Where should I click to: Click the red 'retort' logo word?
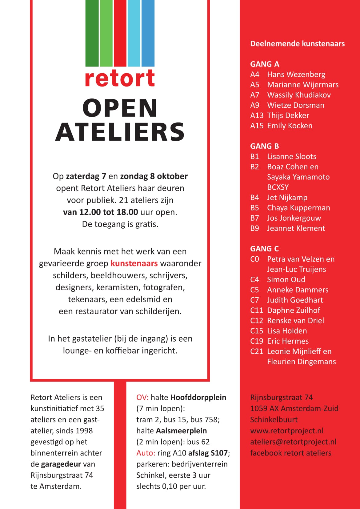[120, 78]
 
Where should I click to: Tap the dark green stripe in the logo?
[92, 33]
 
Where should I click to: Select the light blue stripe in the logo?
[134, 33]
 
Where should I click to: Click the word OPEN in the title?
[120, 108]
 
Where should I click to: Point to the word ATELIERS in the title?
[120, 132]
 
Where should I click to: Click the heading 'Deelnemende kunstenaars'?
[297, 44]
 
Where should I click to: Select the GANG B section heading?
[264, 146]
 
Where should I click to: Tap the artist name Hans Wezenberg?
[296, 74]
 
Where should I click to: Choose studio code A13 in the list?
[257, 115]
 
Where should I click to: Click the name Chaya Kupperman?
[298, 208]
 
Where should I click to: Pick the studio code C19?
[257, 341]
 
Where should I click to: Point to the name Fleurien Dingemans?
[301, 362]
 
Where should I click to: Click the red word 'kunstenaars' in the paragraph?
[134, 263]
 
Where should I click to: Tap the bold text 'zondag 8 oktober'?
[154, 176]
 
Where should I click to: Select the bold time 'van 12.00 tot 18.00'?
[100, 212]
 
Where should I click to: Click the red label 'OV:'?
[142, 398]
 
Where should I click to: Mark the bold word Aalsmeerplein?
[181, 431]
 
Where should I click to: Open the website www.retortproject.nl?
[287, 431]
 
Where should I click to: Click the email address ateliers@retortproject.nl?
[293, 442]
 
